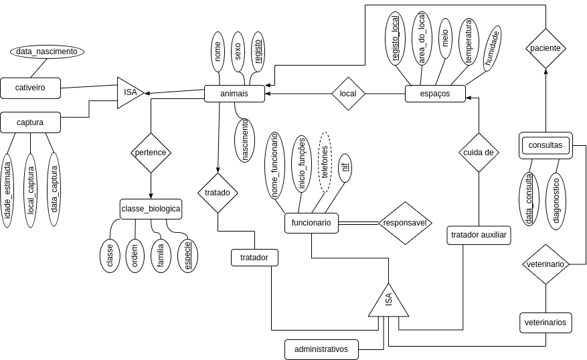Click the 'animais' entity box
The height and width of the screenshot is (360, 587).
click(234, 94)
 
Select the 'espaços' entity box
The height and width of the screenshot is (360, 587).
click(435, 94)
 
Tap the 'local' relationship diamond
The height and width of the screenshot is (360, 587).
click(348, 94)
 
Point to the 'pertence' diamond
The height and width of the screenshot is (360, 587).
click(151, 153)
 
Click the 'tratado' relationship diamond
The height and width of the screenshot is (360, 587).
click(218, 193)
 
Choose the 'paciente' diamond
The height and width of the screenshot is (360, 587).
click(546, 48)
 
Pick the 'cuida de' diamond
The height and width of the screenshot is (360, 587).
click(479, 153)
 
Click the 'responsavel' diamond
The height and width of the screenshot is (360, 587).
click(405, 223)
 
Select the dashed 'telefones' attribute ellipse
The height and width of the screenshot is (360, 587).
click(325, 162)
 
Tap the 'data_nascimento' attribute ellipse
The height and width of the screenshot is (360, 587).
click(47, 52)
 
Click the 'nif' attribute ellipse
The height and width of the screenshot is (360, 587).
click(345, 167)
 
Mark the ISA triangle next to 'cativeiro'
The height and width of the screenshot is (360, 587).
click(129, 93)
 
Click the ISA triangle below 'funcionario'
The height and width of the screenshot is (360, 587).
click(388, 302)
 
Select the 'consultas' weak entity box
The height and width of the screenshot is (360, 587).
click(546, 145)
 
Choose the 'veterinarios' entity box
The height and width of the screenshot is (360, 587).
click(546, 323)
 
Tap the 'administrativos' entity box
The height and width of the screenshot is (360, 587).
click(321, 349)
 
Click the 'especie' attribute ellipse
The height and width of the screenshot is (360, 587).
click(187, 256)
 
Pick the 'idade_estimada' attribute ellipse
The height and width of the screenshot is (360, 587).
click(7, 190)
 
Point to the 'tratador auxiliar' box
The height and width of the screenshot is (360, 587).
click(479, 235)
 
